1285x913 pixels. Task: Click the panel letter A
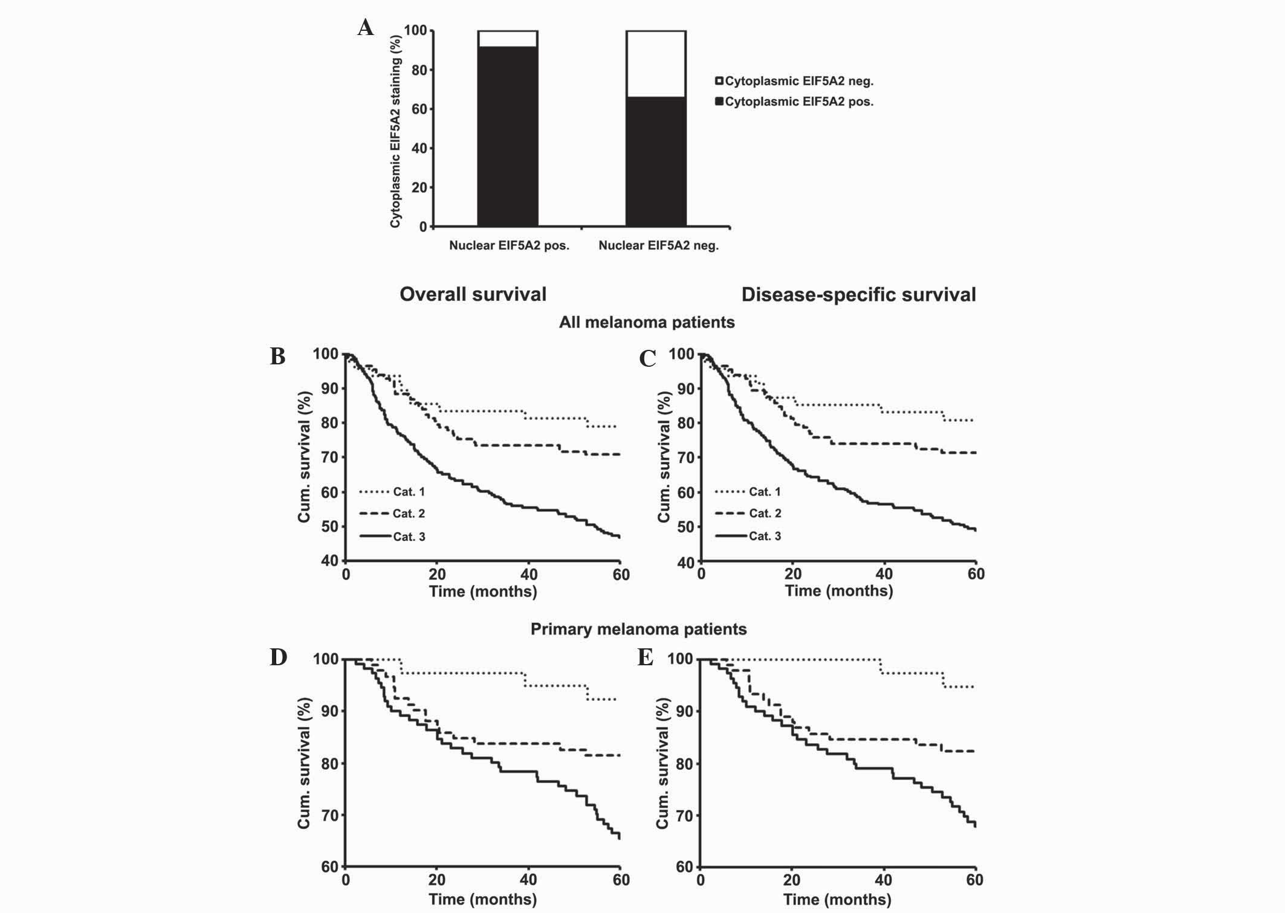[x=365, y=28]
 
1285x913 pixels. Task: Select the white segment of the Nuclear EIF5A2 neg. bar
[x=655, y=63]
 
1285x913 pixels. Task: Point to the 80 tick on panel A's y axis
[x=419, y=70]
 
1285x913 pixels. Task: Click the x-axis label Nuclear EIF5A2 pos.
[x=509, y=245]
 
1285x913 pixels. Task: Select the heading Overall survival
[x=473, y=294]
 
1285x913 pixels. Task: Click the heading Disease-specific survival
[x=858, y=294]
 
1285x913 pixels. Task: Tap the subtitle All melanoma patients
[x=646, y=322]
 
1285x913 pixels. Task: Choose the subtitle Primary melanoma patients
[x=638, y=629]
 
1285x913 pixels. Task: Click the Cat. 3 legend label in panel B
[x=409, y=537]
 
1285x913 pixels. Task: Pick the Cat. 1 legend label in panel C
[x=765, y=492]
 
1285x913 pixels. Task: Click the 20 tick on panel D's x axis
[x=437, y=880]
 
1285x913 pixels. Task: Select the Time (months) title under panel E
[x=837, y=900]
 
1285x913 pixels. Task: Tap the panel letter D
[x=278, y=657]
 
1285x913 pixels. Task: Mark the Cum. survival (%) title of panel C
[x=664, y=457]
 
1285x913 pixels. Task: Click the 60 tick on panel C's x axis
[x=976, y=574]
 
